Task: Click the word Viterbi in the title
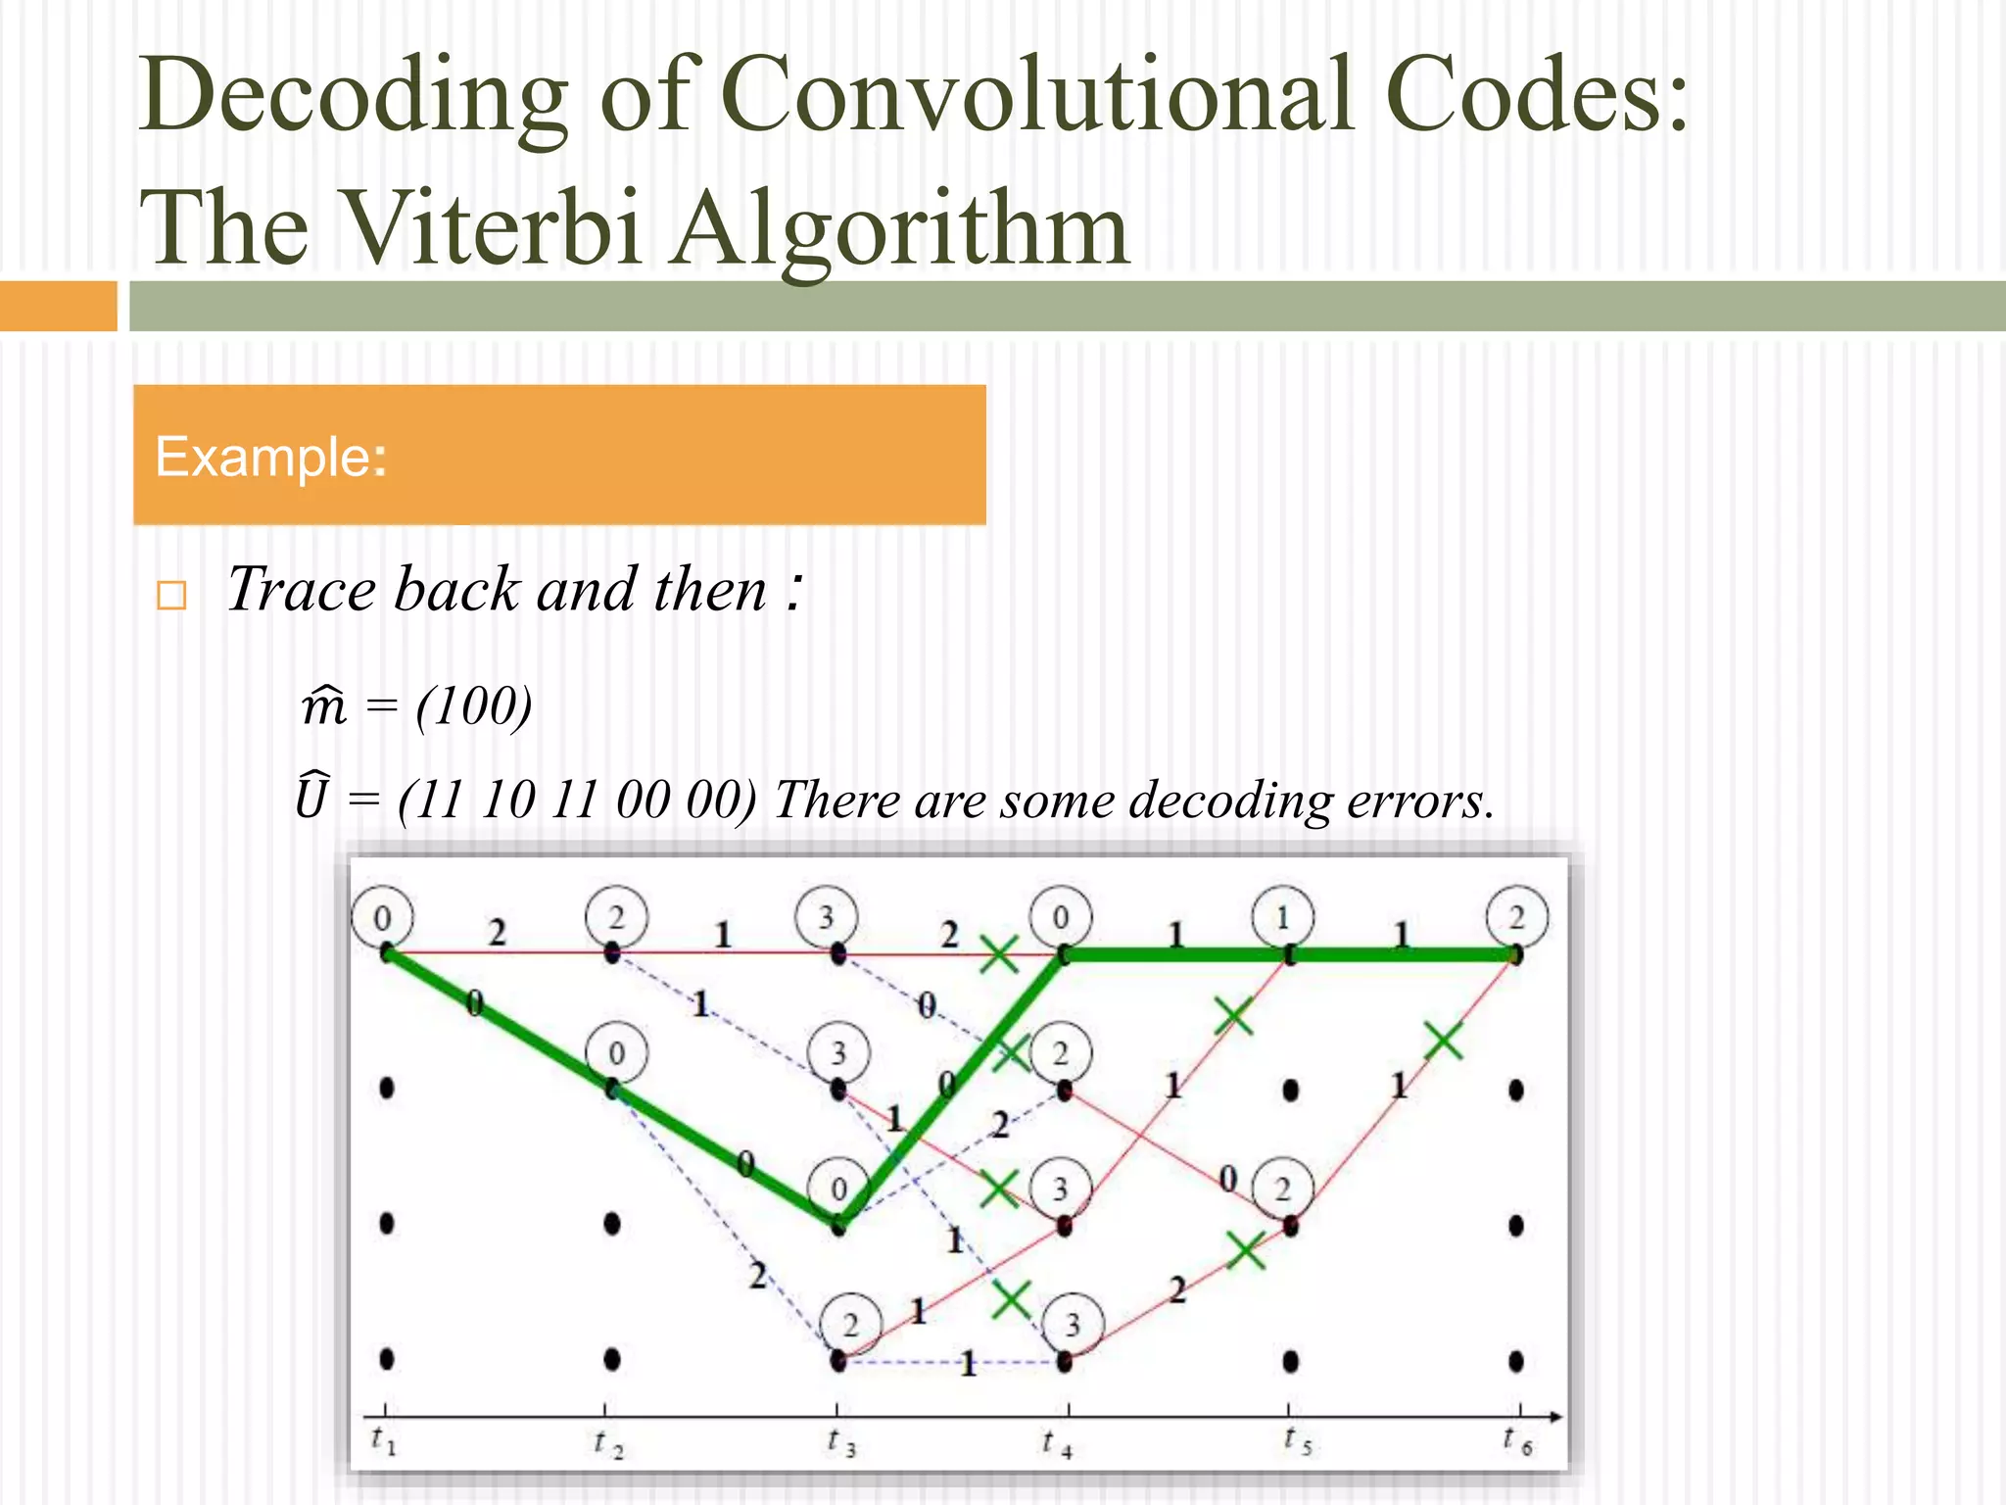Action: tap(494, 227)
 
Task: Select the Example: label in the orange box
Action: tap(270, 458)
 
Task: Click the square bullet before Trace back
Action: tap(171, 595)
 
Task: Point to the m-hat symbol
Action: tap(324, 704)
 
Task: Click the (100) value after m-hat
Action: tap(474, 704)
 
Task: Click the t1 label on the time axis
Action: tap(383, 1440)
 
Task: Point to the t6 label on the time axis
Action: tap(1517, 1440)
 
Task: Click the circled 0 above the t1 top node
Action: tap(382, 918)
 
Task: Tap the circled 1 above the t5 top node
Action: tap(1282, 918)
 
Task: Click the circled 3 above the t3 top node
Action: tap(827, 918)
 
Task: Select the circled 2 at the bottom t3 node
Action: tap(850, 1326)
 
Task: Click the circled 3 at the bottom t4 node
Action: tap(1073, 1326)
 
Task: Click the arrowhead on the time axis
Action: tap(1554, 1417)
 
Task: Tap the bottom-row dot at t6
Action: tap(1516, 1360)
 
